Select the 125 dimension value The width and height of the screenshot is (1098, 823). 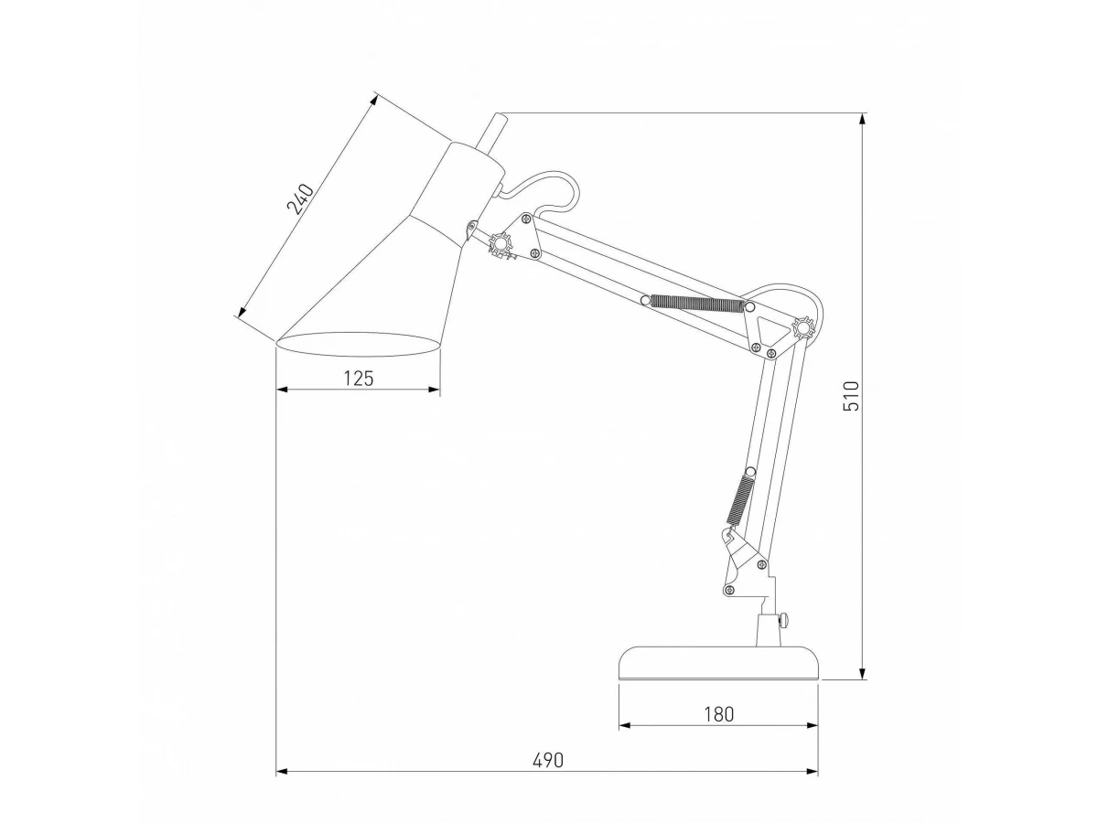coord(359,379)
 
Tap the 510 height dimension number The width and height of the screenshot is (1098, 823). coord(851,396)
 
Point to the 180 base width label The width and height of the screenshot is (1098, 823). coord(719,714)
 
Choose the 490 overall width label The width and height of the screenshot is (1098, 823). coord(548,761)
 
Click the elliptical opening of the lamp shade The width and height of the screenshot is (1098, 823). coord(359,344)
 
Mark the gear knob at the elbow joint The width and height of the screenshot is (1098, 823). coord(803,328)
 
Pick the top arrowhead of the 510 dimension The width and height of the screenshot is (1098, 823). coord(862,120)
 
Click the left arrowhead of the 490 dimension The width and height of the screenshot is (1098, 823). coord(283,772)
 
